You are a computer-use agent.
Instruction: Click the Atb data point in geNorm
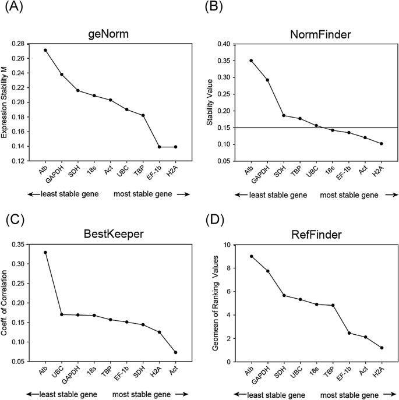[45, 50]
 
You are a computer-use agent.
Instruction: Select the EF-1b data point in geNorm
[159, 147]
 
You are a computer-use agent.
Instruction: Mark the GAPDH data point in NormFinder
[267, 80]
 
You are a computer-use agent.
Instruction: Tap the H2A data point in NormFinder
[382, 143]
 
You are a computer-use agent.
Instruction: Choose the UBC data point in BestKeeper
[62, 314]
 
